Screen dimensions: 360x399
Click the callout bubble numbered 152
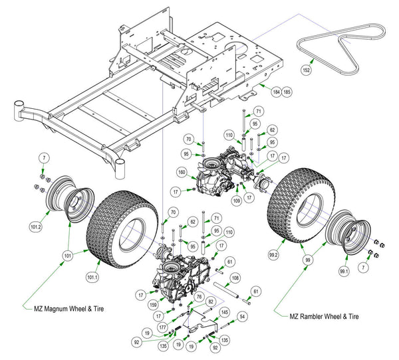click(x=307, y=69)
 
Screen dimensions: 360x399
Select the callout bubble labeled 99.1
click(x=343, y=272)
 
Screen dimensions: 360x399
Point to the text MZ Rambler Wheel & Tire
click(x=324, y=317)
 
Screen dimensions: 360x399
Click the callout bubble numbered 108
click(x=235, y=278)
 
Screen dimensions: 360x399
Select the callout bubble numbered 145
click(x=225, y=312)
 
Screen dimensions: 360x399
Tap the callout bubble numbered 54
click(x=243, y=317)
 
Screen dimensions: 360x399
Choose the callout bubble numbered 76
click(x=199, y=296)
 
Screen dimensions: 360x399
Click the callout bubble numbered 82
click(x=211, y=302)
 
